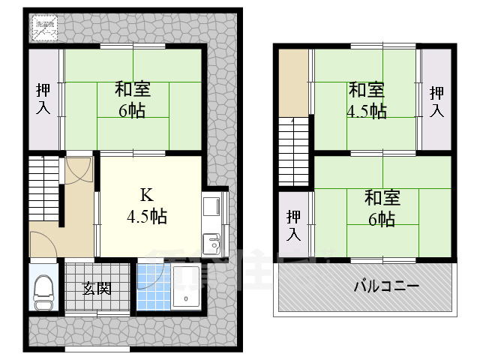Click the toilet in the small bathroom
coord(43,290)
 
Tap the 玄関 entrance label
coord(97,287)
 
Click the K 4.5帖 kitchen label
coord(146,206)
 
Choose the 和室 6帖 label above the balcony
coord(382,208)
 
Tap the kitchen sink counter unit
coord(211,223)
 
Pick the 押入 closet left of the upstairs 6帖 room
coord(294,224)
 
